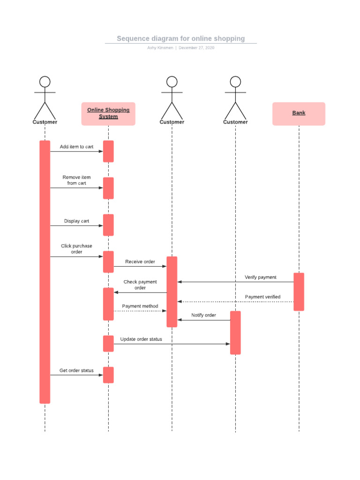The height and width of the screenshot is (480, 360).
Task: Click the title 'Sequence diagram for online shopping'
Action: click(180, 38)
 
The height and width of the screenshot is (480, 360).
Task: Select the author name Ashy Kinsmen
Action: click(160, 48)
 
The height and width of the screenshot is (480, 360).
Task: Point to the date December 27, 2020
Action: click(196, 48)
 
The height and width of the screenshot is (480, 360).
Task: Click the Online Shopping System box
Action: click(108, 113)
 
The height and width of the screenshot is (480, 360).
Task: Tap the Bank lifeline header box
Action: click(299, 113)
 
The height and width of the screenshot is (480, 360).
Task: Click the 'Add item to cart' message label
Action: click(76, 147)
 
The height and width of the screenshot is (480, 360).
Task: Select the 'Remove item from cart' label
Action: click(76, 180)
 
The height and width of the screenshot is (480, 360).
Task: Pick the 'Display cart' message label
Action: click(76, 221)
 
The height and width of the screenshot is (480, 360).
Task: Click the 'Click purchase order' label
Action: click(76, 249)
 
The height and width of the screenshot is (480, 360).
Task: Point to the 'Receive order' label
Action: click(140, 262)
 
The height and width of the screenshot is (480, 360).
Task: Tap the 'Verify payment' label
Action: click(260, 277)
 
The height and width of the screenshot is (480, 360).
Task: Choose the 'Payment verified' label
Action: click(262, 297)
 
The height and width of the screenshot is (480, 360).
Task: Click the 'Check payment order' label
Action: click(140, 285)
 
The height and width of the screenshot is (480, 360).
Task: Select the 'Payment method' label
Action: click(140, 306)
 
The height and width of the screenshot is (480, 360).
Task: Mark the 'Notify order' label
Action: click(203, 315)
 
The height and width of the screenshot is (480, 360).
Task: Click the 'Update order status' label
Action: click(141, 339)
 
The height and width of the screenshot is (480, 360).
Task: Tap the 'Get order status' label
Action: click(76, 370)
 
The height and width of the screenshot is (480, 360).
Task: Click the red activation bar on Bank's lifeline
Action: click(299, 292)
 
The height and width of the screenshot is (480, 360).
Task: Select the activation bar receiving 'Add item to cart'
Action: click(108, 151)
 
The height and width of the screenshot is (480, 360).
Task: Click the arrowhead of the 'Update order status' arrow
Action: click(228, 344)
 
